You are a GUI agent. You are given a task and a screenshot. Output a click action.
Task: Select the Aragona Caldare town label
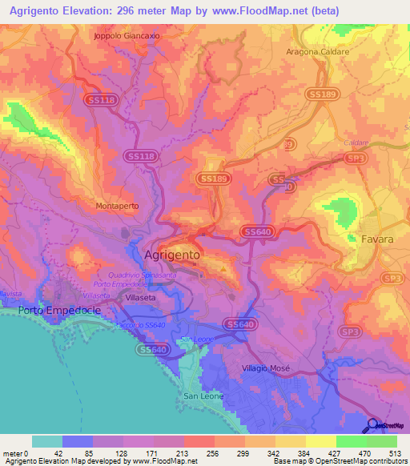[319, 51]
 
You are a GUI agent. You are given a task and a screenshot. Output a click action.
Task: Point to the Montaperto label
[117, 206]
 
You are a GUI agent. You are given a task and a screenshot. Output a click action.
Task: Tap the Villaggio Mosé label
[266, 368]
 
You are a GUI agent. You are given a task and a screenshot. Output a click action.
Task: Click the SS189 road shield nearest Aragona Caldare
[321, 94]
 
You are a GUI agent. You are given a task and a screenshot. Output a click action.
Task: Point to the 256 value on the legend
[213, 452]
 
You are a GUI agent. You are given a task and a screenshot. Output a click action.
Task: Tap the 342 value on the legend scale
[274, 452]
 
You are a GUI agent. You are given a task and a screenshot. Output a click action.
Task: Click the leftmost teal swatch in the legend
[47, 441]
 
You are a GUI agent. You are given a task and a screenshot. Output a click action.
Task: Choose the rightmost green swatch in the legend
[382, 441]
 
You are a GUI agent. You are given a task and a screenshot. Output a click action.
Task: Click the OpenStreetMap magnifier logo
[372, 425]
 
